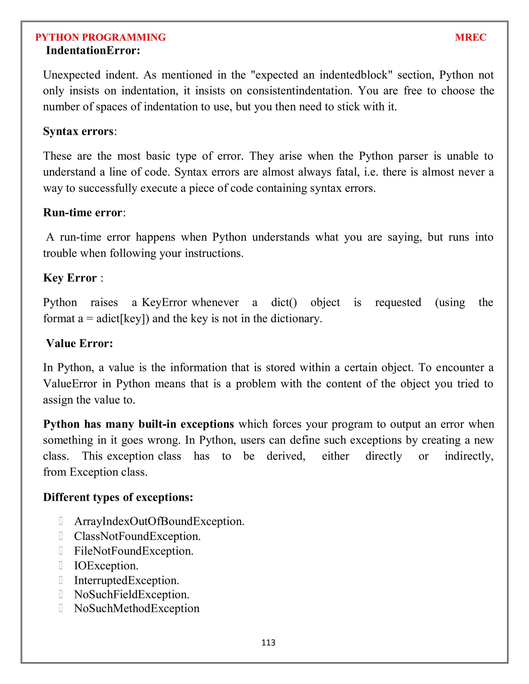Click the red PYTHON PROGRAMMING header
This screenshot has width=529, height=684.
pos(100,37)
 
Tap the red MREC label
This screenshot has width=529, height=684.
pos(470,37)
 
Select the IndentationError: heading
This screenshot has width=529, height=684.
pos(93,50)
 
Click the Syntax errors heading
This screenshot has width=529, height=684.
pos(78,131)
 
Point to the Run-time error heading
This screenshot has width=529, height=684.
pos(83,212)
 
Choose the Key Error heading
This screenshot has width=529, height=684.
pos(70,278)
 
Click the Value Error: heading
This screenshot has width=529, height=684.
pos(79,343)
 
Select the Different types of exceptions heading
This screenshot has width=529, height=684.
pos(118,497)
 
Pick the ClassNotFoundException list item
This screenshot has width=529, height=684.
pos(137,536)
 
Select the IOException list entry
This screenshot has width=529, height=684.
pos(106,566)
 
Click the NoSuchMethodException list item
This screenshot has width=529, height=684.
pos(137,608)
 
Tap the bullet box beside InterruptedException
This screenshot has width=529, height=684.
pos(61,580)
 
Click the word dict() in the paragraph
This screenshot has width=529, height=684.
pos(284,302)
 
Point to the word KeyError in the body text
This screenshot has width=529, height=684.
pos(164,302)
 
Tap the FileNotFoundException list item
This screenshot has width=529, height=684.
pos(134,551)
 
